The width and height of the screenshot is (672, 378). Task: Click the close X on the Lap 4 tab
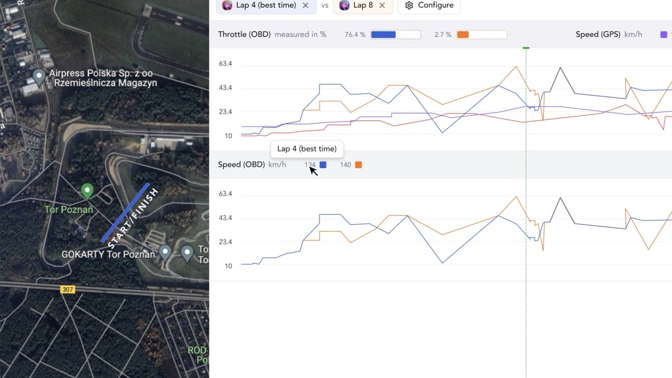coord(305,5)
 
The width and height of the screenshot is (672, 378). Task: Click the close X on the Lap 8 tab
coord(382,5)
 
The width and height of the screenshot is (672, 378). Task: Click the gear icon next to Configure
coord(408,5)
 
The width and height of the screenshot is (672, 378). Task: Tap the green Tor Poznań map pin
coord(87,191)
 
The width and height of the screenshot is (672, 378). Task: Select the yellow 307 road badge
coord(68,289)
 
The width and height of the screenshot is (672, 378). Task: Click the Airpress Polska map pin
coord(38,76)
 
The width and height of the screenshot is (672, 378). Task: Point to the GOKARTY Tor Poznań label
coord(108,254)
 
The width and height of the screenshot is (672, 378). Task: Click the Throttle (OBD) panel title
coord(244,34)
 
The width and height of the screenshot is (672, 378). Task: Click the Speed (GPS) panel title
coord(597,34)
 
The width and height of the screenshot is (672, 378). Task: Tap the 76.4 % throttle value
coord(355,35)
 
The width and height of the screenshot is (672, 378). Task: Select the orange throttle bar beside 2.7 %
coord(463,35)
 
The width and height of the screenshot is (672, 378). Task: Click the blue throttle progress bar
coord(383,35)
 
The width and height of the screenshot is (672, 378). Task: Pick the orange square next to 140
coord(359,165)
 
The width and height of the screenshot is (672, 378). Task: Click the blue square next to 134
coord(323,165)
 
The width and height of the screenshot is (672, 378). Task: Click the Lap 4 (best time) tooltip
coord(307,149)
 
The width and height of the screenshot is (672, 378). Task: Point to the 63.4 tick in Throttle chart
coord(226,64)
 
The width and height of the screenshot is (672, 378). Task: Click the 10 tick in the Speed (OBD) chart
coord(228,266)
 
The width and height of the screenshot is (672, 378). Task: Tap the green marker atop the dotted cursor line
coord(526,48)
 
